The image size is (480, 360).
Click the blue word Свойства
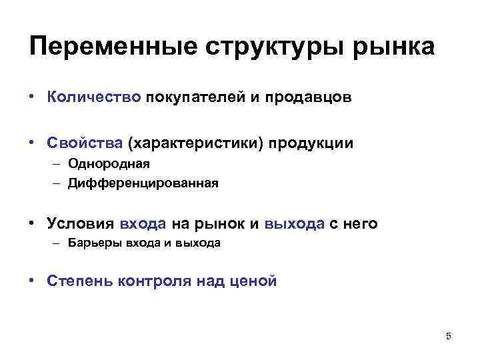[x=85, y=143]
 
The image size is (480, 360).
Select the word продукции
[x=312, y=144]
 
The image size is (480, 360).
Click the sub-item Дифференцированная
[x=143, y=182]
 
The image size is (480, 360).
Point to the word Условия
[x=81, y=223]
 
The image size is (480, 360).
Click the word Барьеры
[x=94, y=243]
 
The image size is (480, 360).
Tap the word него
[x=359, y=223]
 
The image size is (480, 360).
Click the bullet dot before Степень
[x=32, y=280]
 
